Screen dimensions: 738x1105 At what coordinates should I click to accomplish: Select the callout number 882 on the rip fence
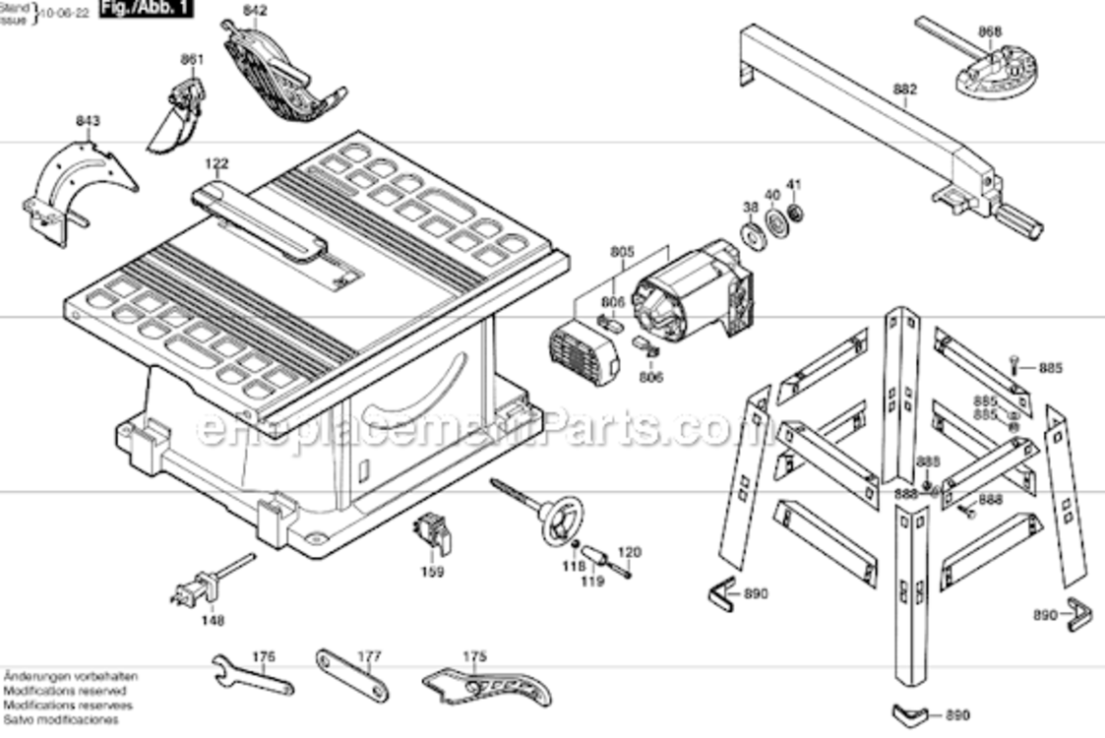click(x=904, y=90)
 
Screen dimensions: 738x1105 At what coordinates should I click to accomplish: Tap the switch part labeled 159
click(x=434, y=531)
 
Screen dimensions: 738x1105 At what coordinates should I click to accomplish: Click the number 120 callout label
click(x=629, y=552)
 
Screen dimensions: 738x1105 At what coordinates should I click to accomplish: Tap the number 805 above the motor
click(x=622, y=252)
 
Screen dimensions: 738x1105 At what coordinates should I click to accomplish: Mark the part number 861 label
click(x=192, y=59)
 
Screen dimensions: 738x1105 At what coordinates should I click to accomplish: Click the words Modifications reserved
click(x=64, y=692)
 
